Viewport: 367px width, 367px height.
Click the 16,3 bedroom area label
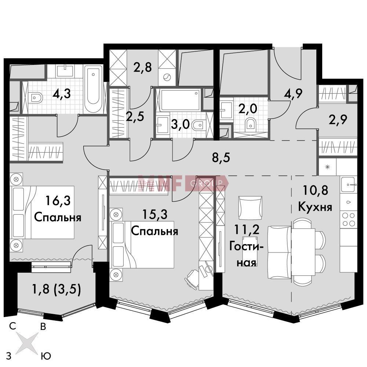click(58, 201)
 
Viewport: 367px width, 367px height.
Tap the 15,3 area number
click(155, 214)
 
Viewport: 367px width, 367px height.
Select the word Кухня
click(315, 207)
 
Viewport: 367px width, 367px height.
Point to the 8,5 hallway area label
click(221, 157)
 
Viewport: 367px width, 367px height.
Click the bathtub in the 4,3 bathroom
click(93, 89)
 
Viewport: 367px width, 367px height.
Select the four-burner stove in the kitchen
click(349, 219)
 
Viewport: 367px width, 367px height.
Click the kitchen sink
click(349, 185)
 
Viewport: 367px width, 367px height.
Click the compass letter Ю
click(46, 356)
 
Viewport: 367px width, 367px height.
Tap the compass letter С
click(12, 326)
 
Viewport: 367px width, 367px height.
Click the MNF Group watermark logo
click(183, 183)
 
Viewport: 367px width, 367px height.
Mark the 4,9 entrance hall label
click(293, 94)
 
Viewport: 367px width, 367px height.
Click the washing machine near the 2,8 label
click(167, 77)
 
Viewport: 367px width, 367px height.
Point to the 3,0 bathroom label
click(180, 124)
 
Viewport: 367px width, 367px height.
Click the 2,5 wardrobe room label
click(135, 116)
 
